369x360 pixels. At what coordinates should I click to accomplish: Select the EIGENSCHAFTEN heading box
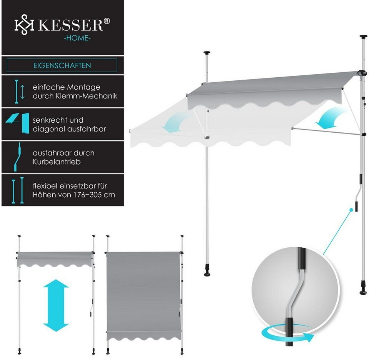pos(62,65)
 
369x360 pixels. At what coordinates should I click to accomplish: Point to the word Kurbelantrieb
pos(57,162)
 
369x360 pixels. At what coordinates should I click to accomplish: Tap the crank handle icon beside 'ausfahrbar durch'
pos(17,157)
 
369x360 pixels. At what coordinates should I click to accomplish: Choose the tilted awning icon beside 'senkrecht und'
pos(18,124)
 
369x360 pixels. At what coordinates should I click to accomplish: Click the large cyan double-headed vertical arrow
pos(56,305)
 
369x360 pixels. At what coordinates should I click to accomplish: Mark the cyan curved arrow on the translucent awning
pos(176,124)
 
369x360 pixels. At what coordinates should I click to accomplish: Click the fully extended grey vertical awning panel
pos(143,292)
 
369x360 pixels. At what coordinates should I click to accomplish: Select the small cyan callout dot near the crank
pos(351,210)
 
